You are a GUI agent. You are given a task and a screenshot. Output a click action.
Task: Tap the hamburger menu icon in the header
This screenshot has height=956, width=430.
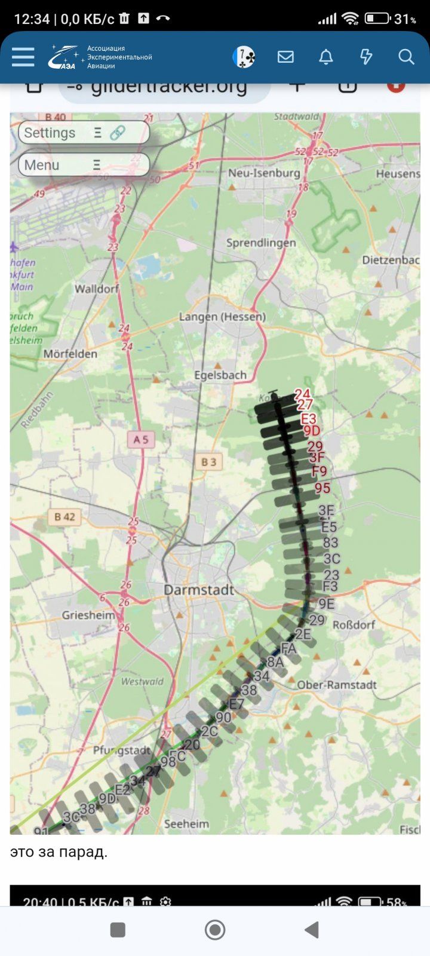coord(23,57)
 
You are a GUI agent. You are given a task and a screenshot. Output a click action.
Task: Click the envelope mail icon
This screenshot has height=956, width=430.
coord(285,57)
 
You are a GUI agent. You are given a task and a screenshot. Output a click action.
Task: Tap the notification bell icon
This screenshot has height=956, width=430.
coord(325,57)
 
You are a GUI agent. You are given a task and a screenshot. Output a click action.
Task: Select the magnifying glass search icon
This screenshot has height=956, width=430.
coord(406,57)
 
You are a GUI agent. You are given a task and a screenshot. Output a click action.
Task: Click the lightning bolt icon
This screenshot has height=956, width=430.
coord(365,57)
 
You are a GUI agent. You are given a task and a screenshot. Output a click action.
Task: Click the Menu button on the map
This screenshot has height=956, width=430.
coord(84,165)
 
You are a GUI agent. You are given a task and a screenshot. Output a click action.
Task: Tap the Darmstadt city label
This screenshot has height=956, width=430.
coord(199,590)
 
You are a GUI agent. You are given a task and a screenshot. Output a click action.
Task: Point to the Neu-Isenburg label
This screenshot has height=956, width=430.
coord(264,173)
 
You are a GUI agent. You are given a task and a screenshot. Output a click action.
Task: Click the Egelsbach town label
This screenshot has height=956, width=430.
coord(220,375)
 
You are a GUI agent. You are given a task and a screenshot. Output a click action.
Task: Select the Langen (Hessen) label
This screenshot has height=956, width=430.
coord(222,317)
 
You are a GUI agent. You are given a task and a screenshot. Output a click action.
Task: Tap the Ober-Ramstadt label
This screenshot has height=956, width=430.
coord(337,685)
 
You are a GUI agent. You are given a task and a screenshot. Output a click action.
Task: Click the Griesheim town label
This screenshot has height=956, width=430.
coord(88,615)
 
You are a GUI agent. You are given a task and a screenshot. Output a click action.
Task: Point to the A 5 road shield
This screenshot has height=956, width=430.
coord(141,440)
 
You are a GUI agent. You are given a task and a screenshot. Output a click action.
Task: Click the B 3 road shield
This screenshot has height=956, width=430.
coord(208,462)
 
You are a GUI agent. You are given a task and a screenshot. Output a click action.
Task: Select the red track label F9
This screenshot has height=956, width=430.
coord(320,471)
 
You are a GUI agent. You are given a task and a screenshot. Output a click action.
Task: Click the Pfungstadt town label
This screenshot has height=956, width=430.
coord(122,750)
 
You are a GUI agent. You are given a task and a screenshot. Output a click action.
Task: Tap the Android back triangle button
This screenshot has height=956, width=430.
coord(311,930)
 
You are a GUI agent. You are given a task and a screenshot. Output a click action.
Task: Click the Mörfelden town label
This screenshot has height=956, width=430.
coord(70,354)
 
